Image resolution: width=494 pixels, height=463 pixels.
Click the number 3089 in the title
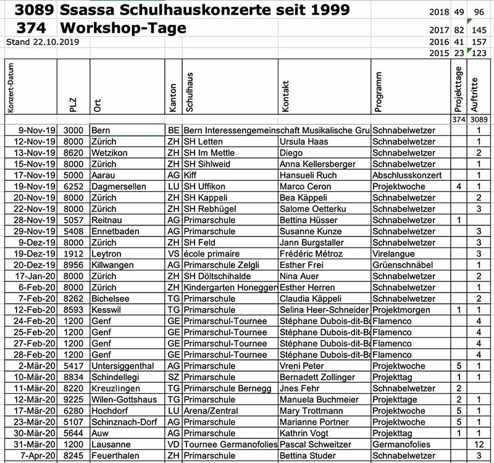(33, 10)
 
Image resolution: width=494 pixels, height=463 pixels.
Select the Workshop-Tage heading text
(123, 28)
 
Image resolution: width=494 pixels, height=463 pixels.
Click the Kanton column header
(173, 98)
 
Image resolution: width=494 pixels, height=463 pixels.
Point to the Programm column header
(379, 91)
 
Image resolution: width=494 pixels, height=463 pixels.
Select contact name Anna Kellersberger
(317, 164)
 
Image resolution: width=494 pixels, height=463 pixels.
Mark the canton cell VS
(173, 254)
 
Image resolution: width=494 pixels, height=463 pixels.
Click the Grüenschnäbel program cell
(402, 265)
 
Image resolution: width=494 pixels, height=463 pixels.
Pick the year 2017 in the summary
(439, 30)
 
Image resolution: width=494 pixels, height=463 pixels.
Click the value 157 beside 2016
(478, 41)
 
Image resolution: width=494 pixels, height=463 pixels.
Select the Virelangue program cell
(395, 254)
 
